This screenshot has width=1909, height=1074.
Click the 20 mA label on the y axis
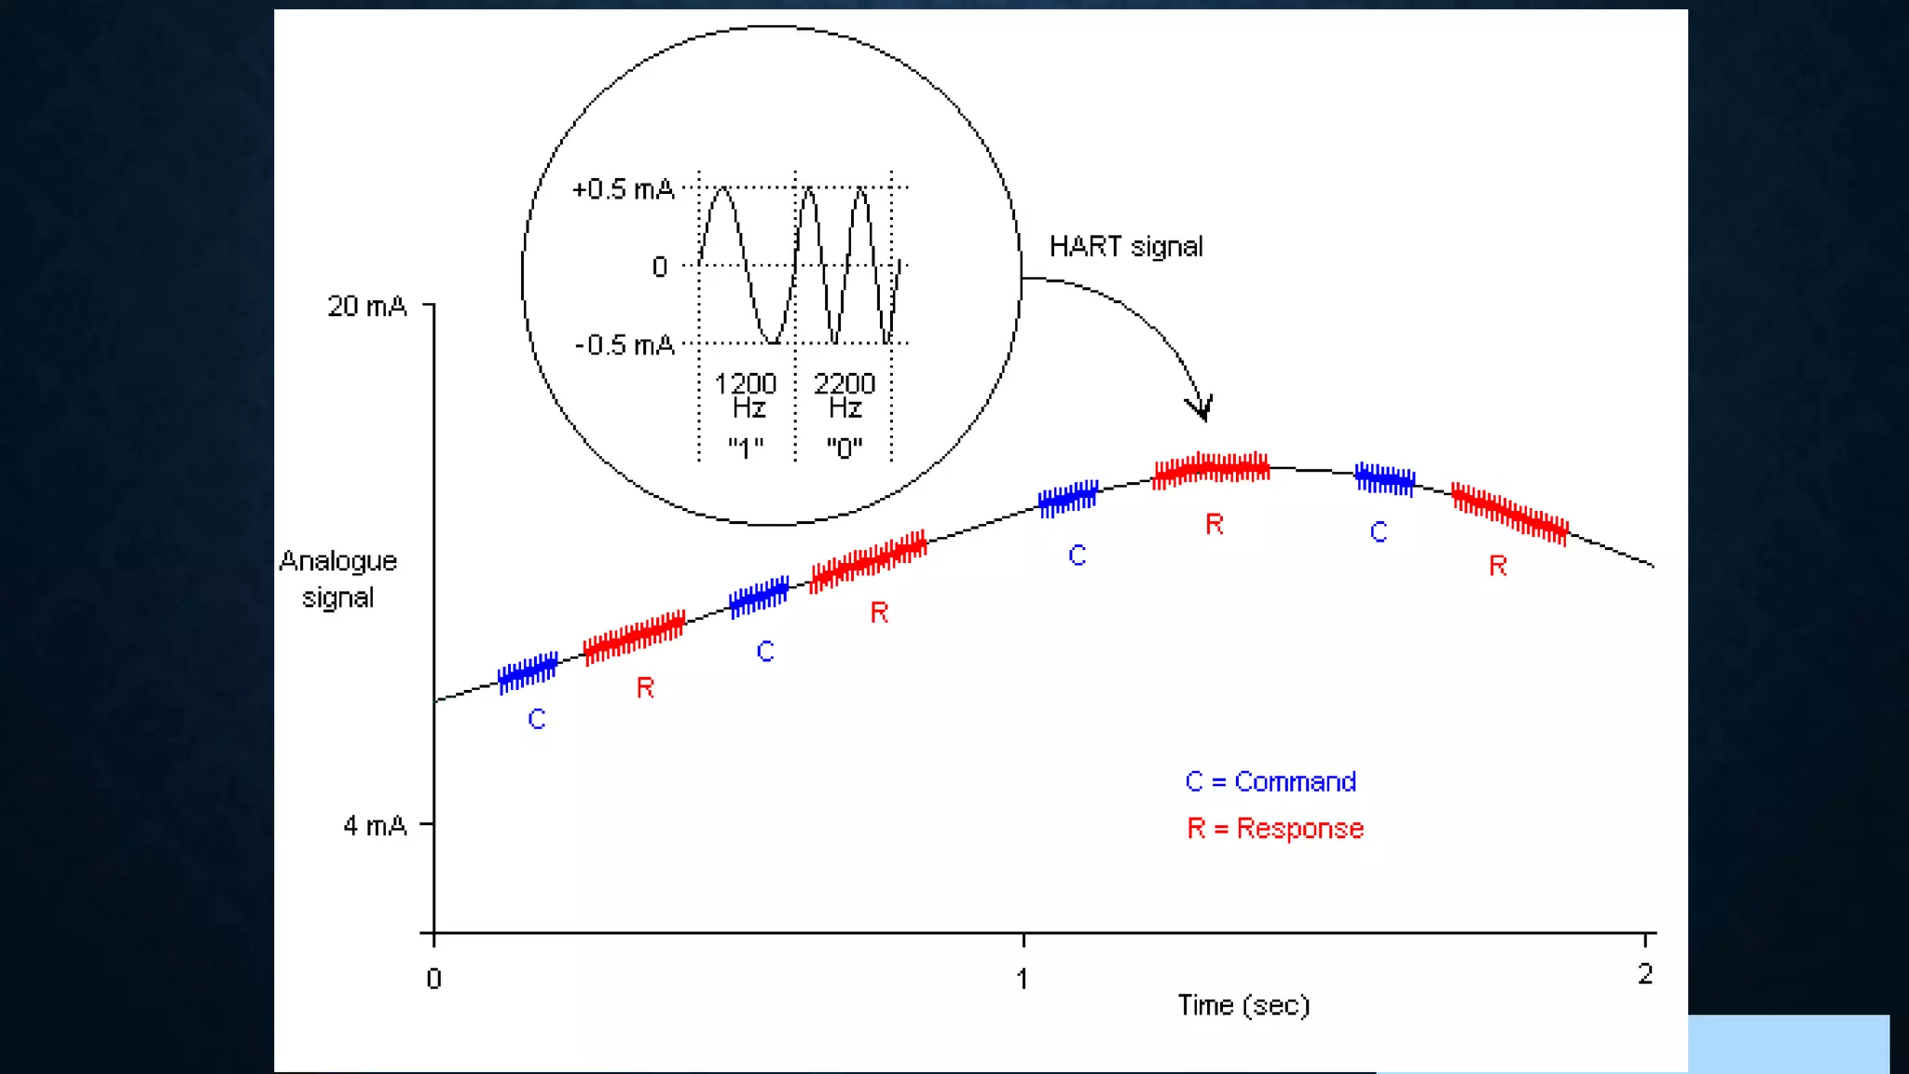coord(367,306)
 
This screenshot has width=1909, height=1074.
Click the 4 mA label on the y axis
coord(375,825)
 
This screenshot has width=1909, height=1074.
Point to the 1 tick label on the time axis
coord(1023,978)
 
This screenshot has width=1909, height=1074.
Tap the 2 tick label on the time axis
coord(1645,974)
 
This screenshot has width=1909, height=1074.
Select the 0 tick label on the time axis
coord(433,979)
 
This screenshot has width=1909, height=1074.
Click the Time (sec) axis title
coord(1243,1005)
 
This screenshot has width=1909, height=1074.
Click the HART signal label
coord(1126,246)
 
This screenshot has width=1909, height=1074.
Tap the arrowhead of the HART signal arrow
coord(1202,410)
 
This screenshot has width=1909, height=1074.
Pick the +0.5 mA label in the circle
coord(623,189)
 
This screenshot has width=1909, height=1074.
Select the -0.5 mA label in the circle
coord(625,345)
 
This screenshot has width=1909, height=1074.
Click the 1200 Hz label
coord(746,395)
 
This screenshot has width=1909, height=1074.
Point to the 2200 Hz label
coord(845,395)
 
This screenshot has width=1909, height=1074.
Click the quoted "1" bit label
coord(746,448)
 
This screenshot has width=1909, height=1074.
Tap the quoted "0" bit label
coord(845,448)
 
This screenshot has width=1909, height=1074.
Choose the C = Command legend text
coord(1270,781)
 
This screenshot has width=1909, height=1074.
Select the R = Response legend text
coord(1275,828)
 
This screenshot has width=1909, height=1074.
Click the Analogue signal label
coord(338,579)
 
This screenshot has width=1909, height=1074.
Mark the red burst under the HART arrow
coord(1211,469)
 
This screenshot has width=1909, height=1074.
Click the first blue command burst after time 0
coord(528,672)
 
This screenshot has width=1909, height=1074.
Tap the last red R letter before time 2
coord(1498,565)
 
